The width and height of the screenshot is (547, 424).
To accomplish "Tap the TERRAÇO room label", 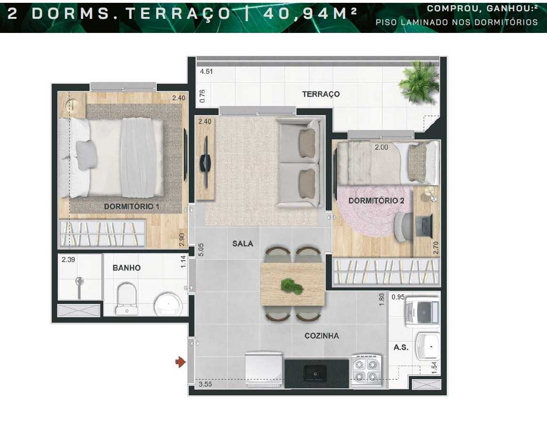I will pyautogui.click(x=321, y=94).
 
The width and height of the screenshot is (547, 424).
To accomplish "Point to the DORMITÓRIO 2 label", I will pyautogui.click(x=376, y=200).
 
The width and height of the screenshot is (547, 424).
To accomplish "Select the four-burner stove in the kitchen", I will pyautogui.click(x=367, y=370).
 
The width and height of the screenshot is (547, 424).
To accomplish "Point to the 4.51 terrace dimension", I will pyautogui.click(x=206, y=72).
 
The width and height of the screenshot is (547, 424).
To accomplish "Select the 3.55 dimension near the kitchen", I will pyautogui.click(x=205, y=384).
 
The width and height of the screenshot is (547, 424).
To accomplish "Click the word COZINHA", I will pyautogui.click(x=322, y=336).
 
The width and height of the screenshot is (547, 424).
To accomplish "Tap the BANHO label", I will pyautogui.click(x=126, y=268).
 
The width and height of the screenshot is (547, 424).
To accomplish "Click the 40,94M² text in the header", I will pyautogui.click(x=309, y=13).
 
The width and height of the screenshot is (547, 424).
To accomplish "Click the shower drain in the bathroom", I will pyautogui.click(x=80, y=281).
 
